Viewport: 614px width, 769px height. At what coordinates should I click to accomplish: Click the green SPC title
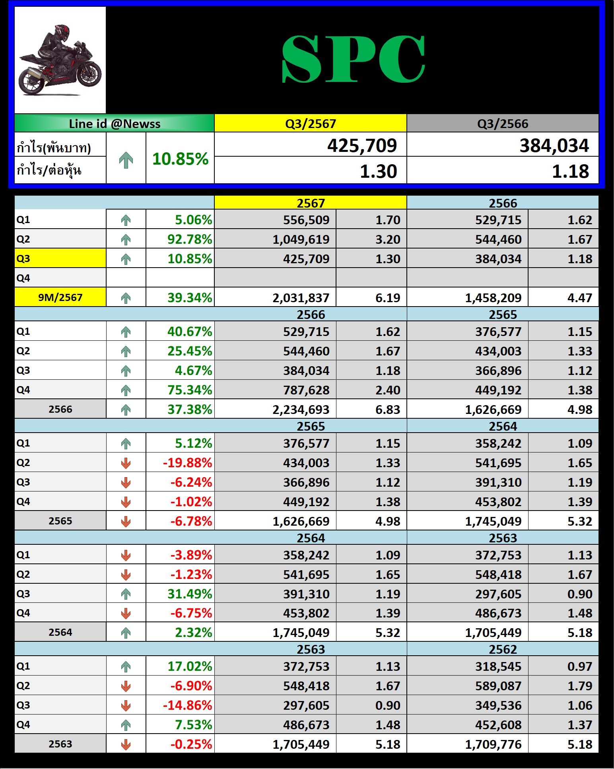coord(353,59)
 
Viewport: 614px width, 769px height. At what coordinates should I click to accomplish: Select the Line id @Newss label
coord(115,124)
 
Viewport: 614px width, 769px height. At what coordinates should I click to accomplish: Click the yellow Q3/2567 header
coord(311,124)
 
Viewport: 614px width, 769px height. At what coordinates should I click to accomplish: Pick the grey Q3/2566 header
coord(503,124)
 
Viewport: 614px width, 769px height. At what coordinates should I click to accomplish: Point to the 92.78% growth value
coord(190,239)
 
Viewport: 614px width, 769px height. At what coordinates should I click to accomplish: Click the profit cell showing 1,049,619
coord(301,239)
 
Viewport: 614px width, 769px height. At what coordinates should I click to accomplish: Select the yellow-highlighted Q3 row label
coord(60,258)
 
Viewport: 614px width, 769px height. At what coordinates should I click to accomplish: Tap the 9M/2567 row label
coord(60,297)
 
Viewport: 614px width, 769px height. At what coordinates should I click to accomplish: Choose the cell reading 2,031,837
coord(301,298)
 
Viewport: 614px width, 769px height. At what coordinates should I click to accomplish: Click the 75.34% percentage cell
coord(190,390)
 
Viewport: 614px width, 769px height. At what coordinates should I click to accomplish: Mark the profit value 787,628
coord(306,390)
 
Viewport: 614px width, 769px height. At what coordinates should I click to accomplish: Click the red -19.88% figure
coord(187,463)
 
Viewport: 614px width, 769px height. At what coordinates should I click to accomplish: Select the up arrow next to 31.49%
coord(126,594)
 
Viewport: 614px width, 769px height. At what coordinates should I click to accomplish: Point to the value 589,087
coord(498,686)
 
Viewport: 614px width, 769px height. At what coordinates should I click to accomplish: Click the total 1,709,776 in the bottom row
coord(493,744)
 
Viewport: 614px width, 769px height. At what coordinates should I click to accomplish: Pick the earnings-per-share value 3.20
coord(388,239)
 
